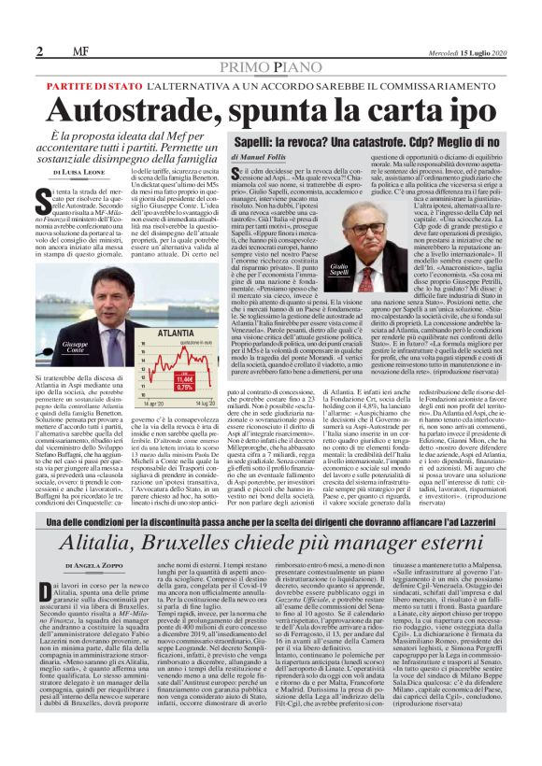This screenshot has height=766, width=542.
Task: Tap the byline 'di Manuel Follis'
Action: pyautogui.click(x=261, y=156)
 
